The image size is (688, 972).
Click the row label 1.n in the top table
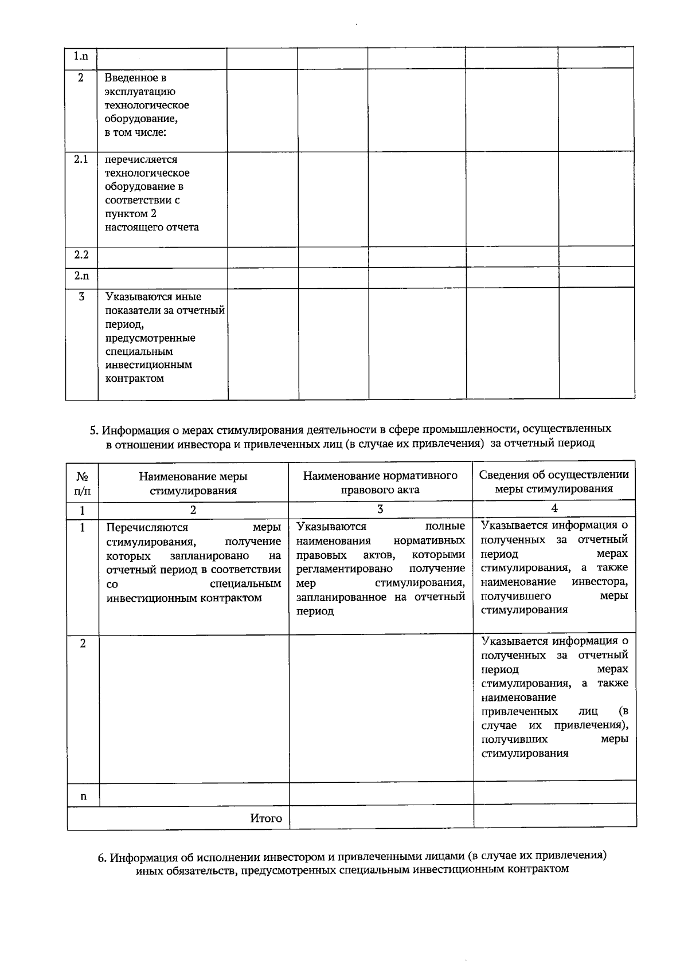coord(81,56)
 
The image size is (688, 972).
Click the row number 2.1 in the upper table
coord(81,159)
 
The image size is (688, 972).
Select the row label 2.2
coord(81,254)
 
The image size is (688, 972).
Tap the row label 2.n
coord(81,276)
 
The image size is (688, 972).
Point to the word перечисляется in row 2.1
coord(141,159)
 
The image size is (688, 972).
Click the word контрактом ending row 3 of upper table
coord(135,378)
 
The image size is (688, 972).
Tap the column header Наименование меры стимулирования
coord(193,483)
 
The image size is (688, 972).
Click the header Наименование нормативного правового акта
coord(380,482)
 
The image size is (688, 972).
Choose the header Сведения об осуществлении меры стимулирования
coord(554,481)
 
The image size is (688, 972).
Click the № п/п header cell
coord(83,483)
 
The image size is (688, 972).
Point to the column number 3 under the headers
coord(380,509)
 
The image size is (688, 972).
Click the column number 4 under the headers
coord(554,508)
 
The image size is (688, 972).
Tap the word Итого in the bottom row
coord(266,818)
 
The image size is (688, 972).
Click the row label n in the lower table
coord(83,796)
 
